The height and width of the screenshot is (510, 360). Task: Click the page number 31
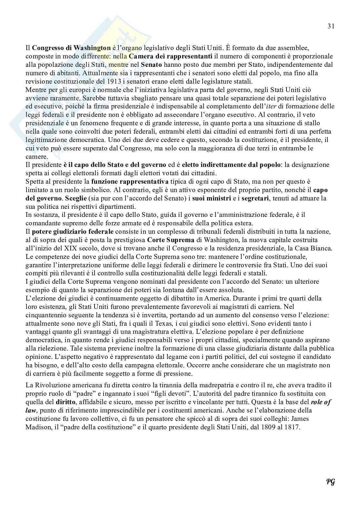click(331, 26)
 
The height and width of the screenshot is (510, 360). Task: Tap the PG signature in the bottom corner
click(330, 482)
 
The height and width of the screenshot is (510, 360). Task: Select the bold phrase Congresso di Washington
click(71, 48)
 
